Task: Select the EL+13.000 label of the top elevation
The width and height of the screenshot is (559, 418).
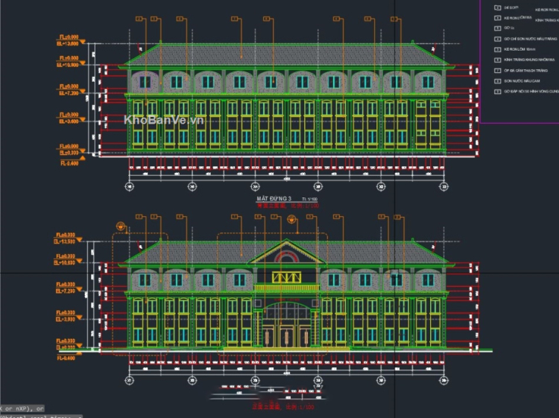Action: point(69,43)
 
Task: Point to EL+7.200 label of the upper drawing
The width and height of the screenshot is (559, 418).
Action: point(69,94)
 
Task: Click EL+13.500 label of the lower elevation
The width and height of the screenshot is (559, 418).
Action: point(68,241)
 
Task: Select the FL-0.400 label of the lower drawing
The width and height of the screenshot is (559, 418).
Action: point(68,358)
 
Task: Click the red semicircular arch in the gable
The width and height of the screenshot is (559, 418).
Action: point(286,259)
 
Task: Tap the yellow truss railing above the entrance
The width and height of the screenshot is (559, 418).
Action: point(286,278)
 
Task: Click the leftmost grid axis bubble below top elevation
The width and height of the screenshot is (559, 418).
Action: point(129,186)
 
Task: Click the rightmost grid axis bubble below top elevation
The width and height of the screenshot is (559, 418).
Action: point(443,186)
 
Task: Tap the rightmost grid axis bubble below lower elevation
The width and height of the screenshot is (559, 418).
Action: point(443,381)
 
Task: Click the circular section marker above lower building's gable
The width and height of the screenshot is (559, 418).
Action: point(291,218)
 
